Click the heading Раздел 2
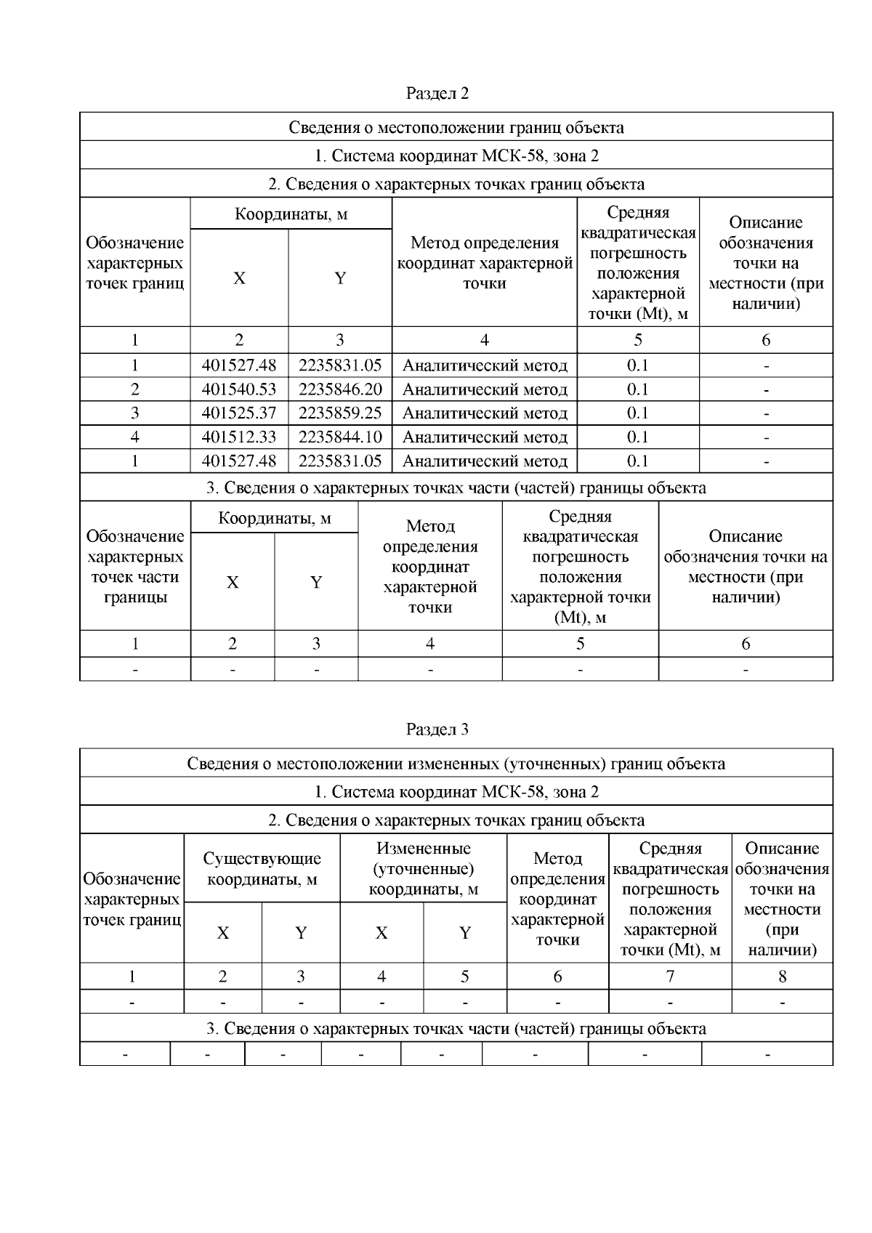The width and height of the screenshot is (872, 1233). pos(437,94)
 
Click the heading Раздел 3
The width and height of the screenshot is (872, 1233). pos(437,729)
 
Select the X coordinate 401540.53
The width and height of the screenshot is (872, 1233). pos(239,389)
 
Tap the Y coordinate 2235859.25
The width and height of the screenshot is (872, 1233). pos(339,413)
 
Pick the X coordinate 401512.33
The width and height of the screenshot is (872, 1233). pos(239,437)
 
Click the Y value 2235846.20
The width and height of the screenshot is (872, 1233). pos(339,389)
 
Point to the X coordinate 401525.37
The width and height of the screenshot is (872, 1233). pos(239,413)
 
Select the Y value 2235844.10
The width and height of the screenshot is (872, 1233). pos(339,437)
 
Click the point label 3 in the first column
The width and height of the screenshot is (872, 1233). pos(134,413)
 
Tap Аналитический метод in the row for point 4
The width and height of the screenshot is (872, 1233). pos(485,437)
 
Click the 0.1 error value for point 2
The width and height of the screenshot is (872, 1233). pos(637,389)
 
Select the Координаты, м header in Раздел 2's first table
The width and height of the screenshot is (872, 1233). pos(291,214)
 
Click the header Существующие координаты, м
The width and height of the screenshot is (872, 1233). pos(262,869)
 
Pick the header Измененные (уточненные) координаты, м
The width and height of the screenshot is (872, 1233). pos(423,869)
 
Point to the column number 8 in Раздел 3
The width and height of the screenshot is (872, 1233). pos(782,977)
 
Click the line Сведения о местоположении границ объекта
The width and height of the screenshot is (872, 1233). pos(456,128)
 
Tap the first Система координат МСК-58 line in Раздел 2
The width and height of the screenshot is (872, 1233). pos(456,156)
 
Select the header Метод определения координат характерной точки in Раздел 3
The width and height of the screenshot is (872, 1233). pos(557,900)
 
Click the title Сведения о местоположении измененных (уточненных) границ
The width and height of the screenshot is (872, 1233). pos(456,764)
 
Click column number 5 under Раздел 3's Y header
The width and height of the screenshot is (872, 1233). pos(464,977)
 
